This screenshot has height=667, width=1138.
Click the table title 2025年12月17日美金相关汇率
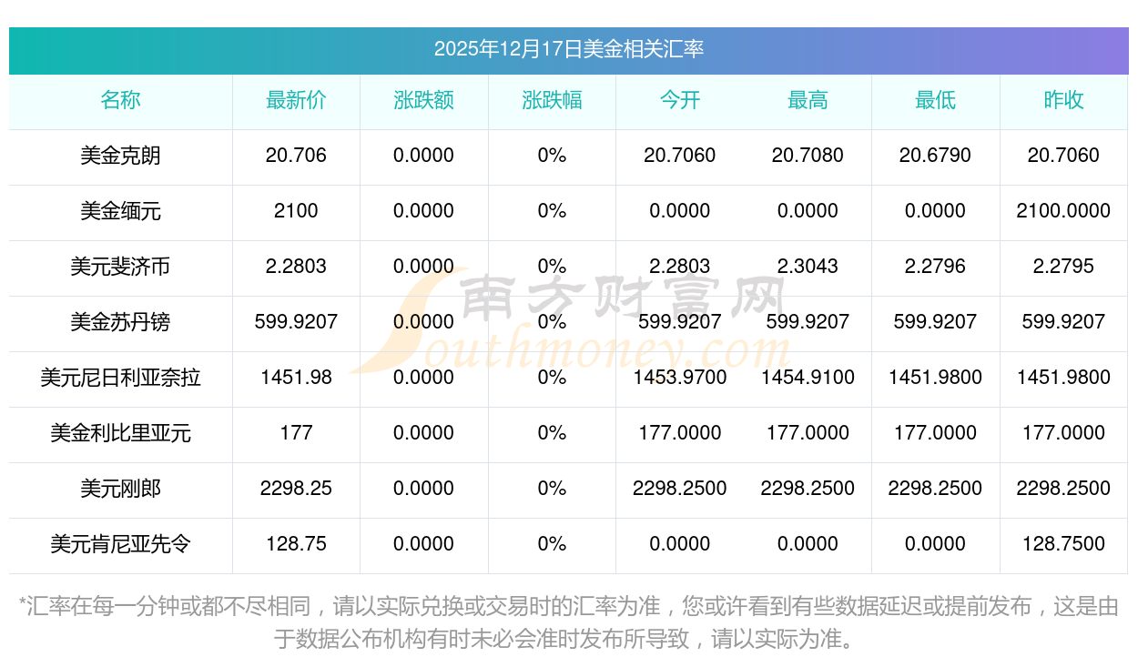click(x=568, y=49)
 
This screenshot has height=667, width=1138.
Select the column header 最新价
click(x=296, y=100)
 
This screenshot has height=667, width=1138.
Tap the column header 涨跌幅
click(x=552, y=100)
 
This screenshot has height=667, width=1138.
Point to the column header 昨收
click(x=1063, y=100)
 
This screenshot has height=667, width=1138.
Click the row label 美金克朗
click(x=120, y=156)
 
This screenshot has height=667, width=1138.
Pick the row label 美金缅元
click(x=120, y=211)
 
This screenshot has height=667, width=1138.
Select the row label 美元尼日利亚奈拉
click(x=120, y=378)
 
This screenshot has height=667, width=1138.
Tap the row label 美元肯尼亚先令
click(x=120, y=544)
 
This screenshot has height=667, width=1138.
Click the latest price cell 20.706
click(x=296, y=156)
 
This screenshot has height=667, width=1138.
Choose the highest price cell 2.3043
click(x=808, y=267)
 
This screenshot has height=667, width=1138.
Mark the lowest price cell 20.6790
click(x=935, y=156)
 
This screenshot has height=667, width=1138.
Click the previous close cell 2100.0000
click(x=1063, y=211)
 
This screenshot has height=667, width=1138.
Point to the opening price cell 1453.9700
click(x=680, y=378)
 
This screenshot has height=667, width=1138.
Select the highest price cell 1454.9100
click(x=808, y=378)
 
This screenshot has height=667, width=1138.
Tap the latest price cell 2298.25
click(x=296, y=489)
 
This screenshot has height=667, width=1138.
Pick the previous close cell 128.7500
click(x=1063, y=544)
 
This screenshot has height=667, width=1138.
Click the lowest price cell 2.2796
click(x=935, y=267)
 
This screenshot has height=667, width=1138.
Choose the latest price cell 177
click(x=296, y=433)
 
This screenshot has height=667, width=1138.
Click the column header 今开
click(x=680, y=100)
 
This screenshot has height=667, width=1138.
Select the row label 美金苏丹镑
click(x=120, y=322)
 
